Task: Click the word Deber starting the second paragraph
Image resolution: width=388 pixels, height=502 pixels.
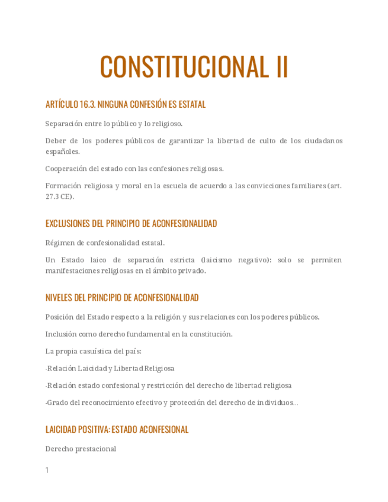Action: coord(55,140)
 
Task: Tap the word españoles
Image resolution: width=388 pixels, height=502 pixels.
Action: coord(62,152)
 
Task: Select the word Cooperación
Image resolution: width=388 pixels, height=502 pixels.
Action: coord(68,168)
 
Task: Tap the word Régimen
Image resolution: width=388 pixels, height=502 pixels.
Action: coord(60,243)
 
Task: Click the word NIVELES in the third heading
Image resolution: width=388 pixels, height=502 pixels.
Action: coord(58,298)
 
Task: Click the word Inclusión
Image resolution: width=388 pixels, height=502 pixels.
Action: coord(62,334)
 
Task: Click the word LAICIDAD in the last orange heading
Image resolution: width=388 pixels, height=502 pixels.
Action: coord(61,430)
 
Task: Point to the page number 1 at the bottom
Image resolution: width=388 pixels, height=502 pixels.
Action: coord(47,471)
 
